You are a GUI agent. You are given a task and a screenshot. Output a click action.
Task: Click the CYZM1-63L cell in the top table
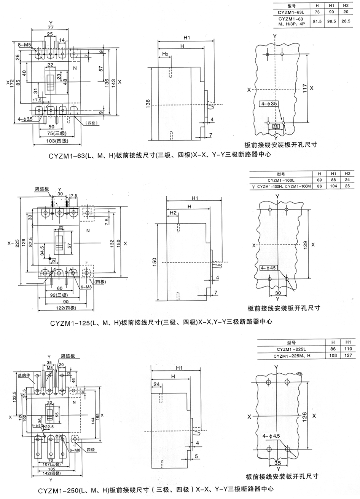[x=291, y=12]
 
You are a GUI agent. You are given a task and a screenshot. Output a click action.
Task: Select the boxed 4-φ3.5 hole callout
[x=269, y=104]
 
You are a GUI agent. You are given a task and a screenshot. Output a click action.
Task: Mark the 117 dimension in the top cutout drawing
[x=305, y=88]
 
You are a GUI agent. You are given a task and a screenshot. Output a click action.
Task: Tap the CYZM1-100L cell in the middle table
[x=280, y=180]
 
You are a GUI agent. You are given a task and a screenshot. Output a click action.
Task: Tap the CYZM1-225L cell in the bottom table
[x=291, y=349]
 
